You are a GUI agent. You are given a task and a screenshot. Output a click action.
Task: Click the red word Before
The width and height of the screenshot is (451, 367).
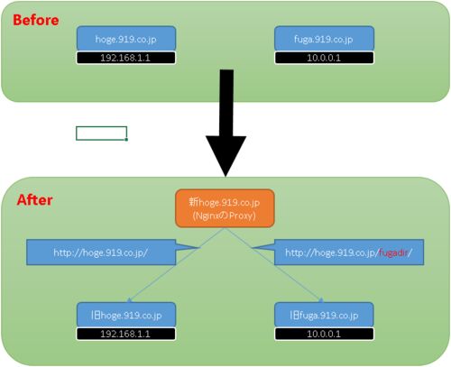36,20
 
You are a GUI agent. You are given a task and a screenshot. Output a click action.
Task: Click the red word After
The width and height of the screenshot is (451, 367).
34,200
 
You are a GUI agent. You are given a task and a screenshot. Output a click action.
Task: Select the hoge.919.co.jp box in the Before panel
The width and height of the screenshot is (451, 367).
126,39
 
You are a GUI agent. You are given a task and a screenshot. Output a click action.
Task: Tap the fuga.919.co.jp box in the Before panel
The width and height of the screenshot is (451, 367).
324,39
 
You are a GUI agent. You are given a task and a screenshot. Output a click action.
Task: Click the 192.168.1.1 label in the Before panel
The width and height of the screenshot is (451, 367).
125,58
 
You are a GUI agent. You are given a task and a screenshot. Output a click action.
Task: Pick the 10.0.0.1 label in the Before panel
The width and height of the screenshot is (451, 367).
324,58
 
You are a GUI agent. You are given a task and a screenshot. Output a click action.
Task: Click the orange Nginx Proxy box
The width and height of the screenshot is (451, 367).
225,208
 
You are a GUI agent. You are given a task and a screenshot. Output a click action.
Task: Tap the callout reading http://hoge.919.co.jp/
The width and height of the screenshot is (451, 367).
101,252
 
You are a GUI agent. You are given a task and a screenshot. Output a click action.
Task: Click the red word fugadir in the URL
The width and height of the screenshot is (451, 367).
393,252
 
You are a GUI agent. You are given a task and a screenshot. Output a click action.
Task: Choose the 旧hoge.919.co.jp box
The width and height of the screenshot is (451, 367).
126,315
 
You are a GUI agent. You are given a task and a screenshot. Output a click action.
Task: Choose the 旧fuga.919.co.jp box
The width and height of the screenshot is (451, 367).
324,315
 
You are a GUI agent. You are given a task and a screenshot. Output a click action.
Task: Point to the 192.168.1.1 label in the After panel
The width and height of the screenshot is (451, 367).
125,334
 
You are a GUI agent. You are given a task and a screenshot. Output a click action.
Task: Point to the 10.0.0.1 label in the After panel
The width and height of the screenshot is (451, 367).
324,334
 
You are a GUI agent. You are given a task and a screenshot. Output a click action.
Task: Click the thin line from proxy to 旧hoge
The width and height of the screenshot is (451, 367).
176,265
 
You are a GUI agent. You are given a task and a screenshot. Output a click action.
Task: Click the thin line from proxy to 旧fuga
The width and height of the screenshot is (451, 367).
274,265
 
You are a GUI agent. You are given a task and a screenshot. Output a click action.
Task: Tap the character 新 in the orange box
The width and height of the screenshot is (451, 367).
194,202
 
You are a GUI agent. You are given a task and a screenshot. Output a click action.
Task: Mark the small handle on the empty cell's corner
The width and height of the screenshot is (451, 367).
126,140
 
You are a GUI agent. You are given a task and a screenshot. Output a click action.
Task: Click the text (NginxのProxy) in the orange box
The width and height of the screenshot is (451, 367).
225,216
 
